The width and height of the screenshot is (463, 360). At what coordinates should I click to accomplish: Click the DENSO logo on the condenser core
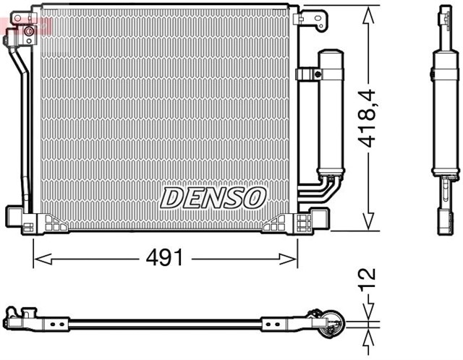click(213, 197)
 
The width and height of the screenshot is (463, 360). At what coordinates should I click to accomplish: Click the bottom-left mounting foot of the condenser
click(19, 218)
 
